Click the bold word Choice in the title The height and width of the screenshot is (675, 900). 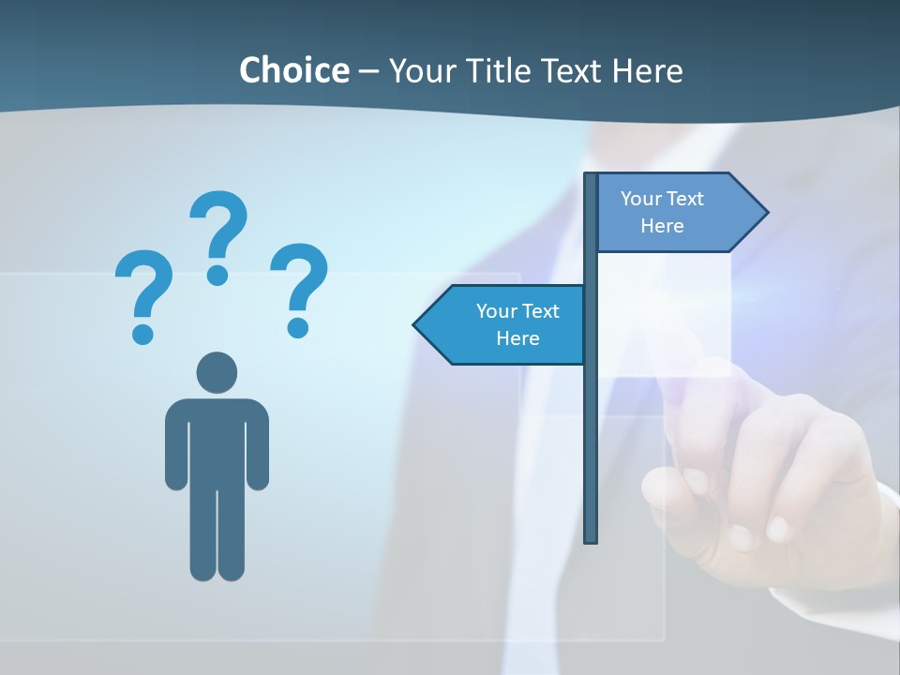[293, 70]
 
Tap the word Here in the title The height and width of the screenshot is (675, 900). [647, 70]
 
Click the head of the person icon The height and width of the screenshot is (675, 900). [217, 372]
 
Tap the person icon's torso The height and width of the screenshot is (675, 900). [217, 441]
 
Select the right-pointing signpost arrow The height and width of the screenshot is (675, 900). [675, 213]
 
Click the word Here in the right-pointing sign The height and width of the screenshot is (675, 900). [662, 226]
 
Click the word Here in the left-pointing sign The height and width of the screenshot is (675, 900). [517, 338]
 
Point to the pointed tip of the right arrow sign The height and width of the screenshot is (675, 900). [766, 213]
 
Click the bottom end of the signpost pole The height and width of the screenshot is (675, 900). [591, 538]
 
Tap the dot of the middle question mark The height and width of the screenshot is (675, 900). [217, 275]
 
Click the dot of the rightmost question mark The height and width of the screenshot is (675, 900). [298, 326]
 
